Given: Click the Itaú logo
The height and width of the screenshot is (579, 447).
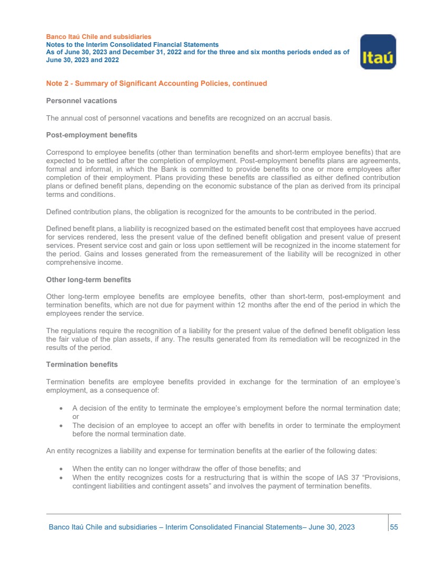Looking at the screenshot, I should pos(378,52).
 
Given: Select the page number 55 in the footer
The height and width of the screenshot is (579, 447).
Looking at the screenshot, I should pos(394,527).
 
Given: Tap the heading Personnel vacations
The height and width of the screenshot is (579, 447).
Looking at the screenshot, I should pos(82,101).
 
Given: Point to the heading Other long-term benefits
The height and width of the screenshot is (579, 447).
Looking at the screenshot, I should pos(88,279).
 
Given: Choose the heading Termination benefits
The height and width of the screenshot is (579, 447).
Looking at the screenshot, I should pos(82,364).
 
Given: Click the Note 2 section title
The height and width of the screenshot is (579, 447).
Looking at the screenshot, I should pos(156,83).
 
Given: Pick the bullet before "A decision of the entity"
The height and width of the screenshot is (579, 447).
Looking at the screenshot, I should pos(62,408).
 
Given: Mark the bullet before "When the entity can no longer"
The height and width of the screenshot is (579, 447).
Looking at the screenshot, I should pos(62,468).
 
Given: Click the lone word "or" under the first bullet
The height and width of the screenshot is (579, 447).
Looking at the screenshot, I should pos(75,416).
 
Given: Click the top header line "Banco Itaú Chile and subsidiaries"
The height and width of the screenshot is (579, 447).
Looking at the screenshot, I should pos(99,37).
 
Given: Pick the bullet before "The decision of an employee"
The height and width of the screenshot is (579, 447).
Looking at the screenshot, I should pos(62,425).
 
